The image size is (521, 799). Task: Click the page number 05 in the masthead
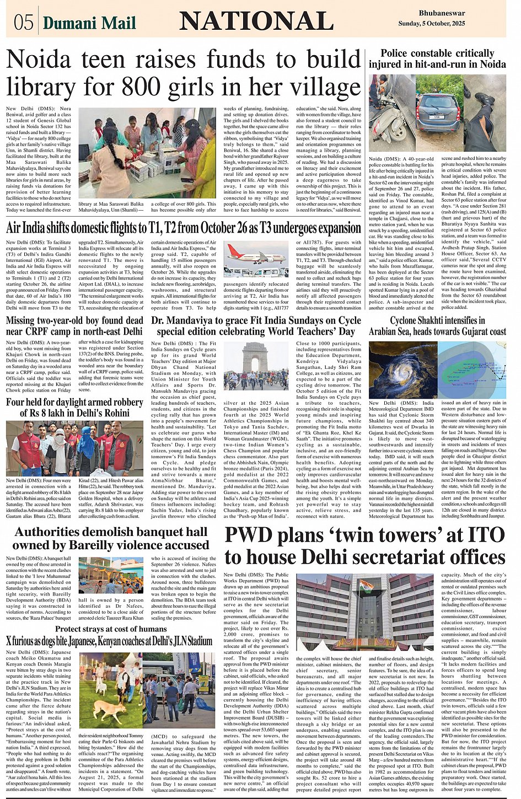[x=24, y=23]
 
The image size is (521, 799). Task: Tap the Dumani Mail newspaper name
[x=89, y=23]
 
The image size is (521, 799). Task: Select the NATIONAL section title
[x=256, y=22]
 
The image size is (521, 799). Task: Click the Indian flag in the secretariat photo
[x=367, y=586]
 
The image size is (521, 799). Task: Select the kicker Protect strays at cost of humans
[x=110, y=629]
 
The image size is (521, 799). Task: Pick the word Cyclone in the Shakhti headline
[x=407, y=320]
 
